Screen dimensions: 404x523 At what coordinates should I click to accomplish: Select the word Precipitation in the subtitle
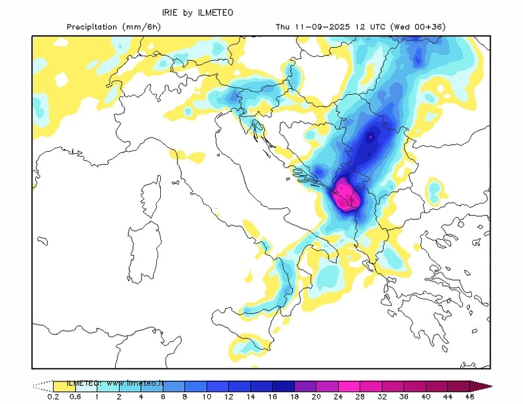tap(93, 26)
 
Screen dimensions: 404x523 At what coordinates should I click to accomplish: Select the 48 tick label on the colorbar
tap(469, 396)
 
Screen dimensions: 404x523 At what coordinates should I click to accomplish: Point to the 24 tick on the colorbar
tap(320, 396)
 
